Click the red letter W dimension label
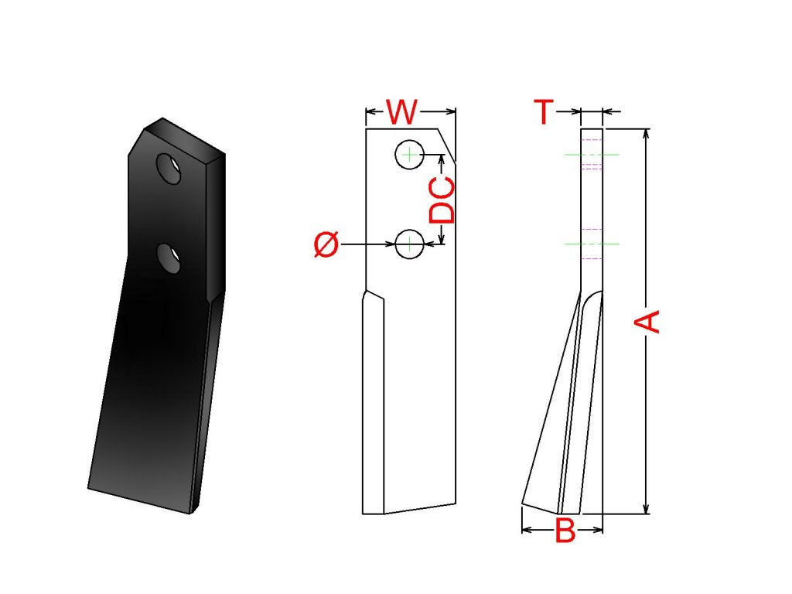click(x=402, y=112)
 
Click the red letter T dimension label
click(x=544, y=111)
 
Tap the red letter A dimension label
click(x=647, y=322)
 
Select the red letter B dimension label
click(x=565, y=530)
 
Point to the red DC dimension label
click(x=442, y=200)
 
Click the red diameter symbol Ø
click(x=326, y=244)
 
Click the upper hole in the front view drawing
click(x=409, y=155)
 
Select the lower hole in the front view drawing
click(x=409, y=244)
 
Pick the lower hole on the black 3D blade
click(x=169, y=258)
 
